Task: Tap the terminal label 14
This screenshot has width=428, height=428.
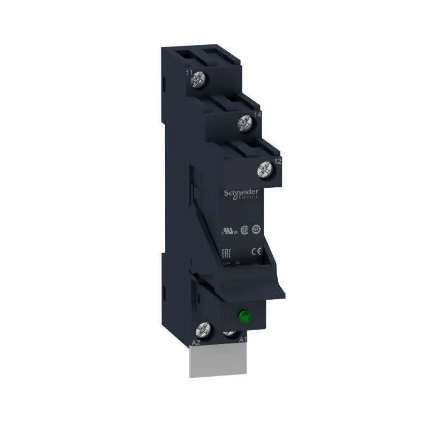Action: point(257,114)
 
